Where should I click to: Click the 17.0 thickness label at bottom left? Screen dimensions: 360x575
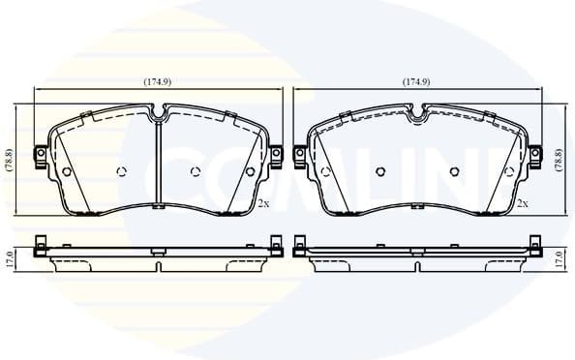(x=9, y=258)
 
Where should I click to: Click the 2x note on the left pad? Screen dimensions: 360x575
(x=262, y=203)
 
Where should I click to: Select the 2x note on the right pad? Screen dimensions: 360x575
(x=523, y=203)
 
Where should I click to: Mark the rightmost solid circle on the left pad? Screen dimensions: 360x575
(x=250, y=172)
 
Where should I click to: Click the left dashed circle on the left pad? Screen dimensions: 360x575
(x=121, y=172)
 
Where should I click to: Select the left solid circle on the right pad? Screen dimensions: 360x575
(x=326, y=172)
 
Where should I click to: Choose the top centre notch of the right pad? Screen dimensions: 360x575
(x=417, y=116)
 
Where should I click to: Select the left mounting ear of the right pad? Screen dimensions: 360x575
(x=300, y=154)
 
